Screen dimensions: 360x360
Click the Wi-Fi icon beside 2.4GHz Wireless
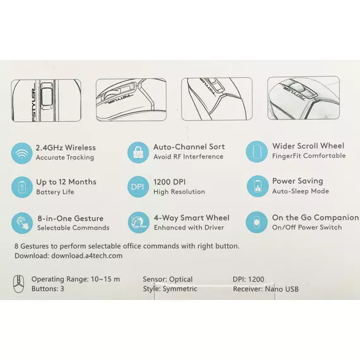click(22, 153)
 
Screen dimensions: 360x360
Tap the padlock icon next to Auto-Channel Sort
click(138, 152)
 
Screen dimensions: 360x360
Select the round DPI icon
click(138, 187)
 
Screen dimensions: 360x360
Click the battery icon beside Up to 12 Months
click(22, 187)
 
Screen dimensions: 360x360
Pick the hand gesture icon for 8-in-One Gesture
click(22, 223)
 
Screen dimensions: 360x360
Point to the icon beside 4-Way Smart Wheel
click(138, 222)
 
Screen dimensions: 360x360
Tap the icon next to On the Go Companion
click(256, 222)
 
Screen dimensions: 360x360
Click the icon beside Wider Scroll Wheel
click(256, 152)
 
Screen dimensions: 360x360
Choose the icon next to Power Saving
click(258, 186)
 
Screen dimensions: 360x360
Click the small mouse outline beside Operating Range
click(18, 284)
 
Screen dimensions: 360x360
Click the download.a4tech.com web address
click(87, 256)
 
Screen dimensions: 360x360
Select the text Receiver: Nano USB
click(266, 289)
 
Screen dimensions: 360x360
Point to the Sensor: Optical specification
click(167, 279)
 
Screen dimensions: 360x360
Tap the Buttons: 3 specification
click(48, 289)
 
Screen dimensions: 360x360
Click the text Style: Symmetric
click(170, 289)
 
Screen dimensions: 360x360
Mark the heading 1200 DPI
click(169, 182)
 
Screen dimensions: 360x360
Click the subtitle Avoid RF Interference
click(188, 157)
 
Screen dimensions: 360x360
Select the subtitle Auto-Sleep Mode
click(301, 191)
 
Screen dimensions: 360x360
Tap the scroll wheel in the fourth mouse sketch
click(297, 88)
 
